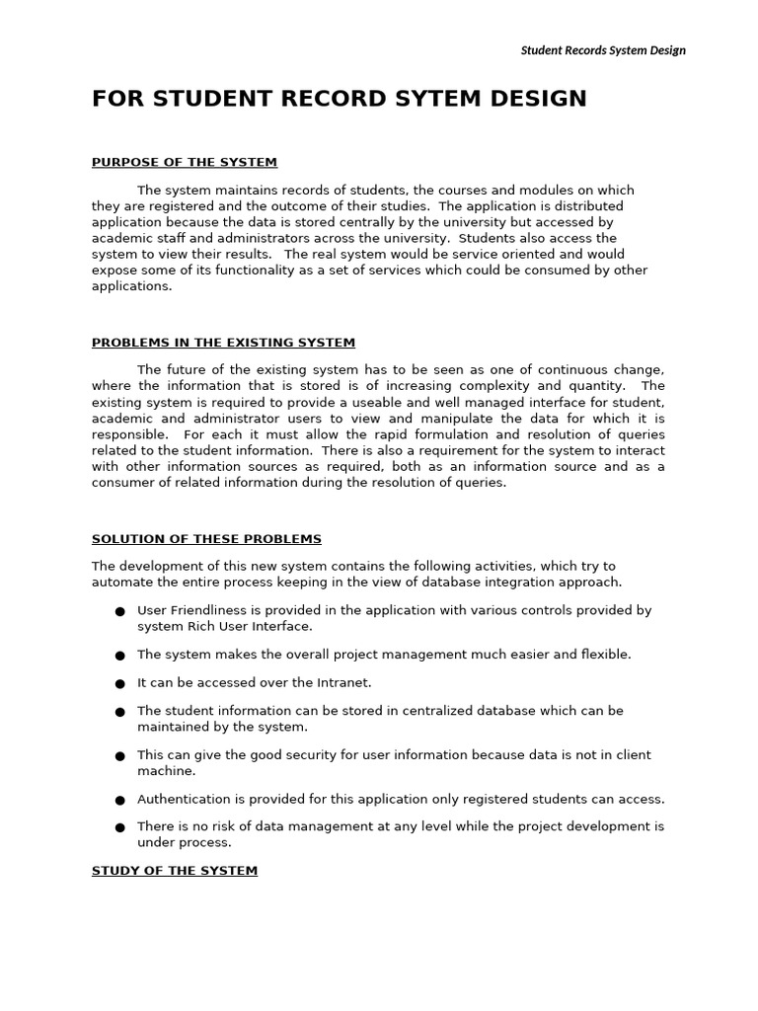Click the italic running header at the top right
(602, 50)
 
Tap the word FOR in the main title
(115, 99)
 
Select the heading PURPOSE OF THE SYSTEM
(185, 162)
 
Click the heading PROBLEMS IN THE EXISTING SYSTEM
(223, 343)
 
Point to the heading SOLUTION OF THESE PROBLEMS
(206, 539)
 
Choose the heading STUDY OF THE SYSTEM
(175, 871)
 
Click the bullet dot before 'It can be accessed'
(119, 683)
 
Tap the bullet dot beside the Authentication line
(119, 800)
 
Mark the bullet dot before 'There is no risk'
(119, 827)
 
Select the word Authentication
(183, 799)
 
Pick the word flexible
(604, 654)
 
